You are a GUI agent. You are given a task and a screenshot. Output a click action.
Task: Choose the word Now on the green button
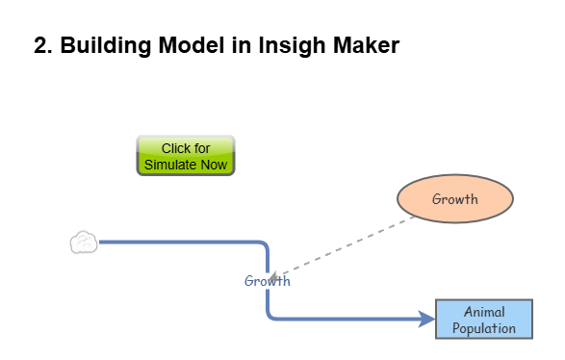click(x=215, y=165)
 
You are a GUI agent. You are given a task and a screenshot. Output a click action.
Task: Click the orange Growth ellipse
click(x=455, y=200)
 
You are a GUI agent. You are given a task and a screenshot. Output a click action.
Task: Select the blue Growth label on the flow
click(x=267, y=282)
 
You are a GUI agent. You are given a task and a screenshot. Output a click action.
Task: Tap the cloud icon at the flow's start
click(x=84, y=243)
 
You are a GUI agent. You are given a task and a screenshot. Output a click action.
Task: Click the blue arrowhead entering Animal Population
click(x=427, y=320)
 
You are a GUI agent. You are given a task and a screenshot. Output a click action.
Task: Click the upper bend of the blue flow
click(x=263, y=245)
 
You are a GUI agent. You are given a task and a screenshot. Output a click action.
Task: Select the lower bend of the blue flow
click(x=271, y=315)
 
